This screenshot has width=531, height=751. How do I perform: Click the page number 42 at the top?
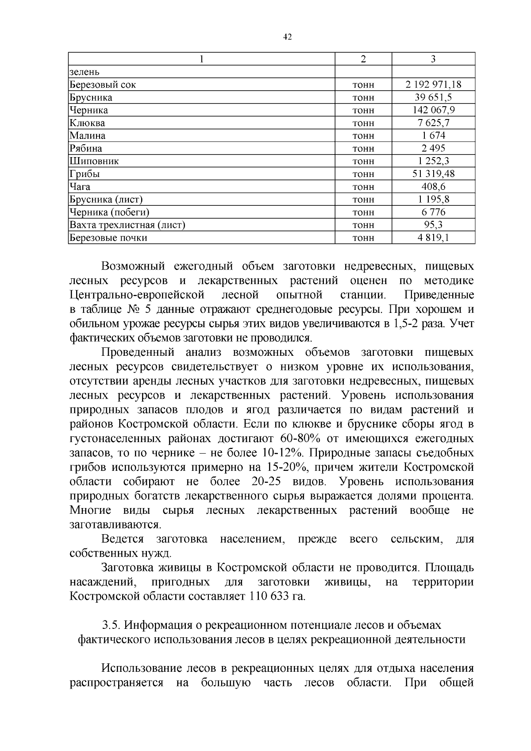tap(287, 37)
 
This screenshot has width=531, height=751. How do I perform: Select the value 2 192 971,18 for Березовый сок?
tap(433, 85)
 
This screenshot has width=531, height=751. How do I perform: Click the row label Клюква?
tap(87, 123)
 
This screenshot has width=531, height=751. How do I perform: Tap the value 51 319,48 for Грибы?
tap(433, 174)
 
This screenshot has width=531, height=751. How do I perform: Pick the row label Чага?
tap(80, 187)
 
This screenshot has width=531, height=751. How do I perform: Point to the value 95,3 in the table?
tap(433, 225)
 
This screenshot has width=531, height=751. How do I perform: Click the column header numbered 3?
tap(433, 59)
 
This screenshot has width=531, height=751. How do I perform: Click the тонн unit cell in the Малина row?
tap(363, 136)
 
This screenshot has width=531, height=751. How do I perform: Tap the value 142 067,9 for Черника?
tap(433, 110)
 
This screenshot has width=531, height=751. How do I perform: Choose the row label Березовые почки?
tap(108, 238)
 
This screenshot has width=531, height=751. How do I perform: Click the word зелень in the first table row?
tap(84, 72)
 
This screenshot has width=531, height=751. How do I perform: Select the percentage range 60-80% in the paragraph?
tap(301, 439)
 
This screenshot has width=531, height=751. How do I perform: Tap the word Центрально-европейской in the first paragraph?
tap(137, 295)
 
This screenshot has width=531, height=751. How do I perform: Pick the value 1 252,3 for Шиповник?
tap(433, 161)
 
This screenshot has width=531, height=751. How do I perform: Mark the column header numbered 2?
tap(363, 59)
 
